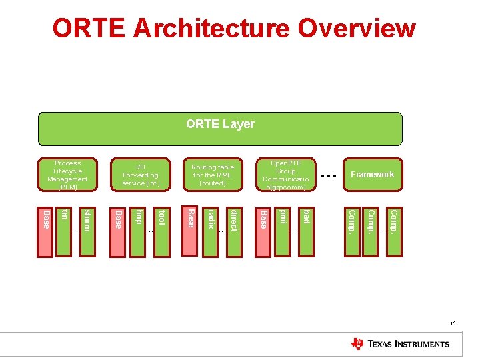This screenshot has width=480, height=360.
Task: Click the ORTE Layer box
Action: [x=220, y=129]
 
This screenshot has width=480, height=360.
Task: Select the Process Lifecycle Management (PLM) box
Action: [x=67, y=175]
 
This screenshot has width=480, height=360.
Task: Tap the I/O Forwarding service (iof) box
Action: [x=141, y=175]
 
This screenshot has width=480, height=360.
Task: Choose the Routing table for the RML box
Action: [x=213, y=175]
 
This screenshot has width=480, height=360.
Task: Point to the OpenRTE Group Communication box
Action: [x=285, y=175]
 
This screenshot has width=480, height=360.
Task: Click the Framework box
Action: [x=373, y=175]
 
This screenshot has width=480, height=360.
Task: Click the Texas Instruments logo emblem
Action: [x=357, y=344]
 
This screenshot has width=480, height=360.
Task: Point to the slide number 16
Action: [x=453, y=323]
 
